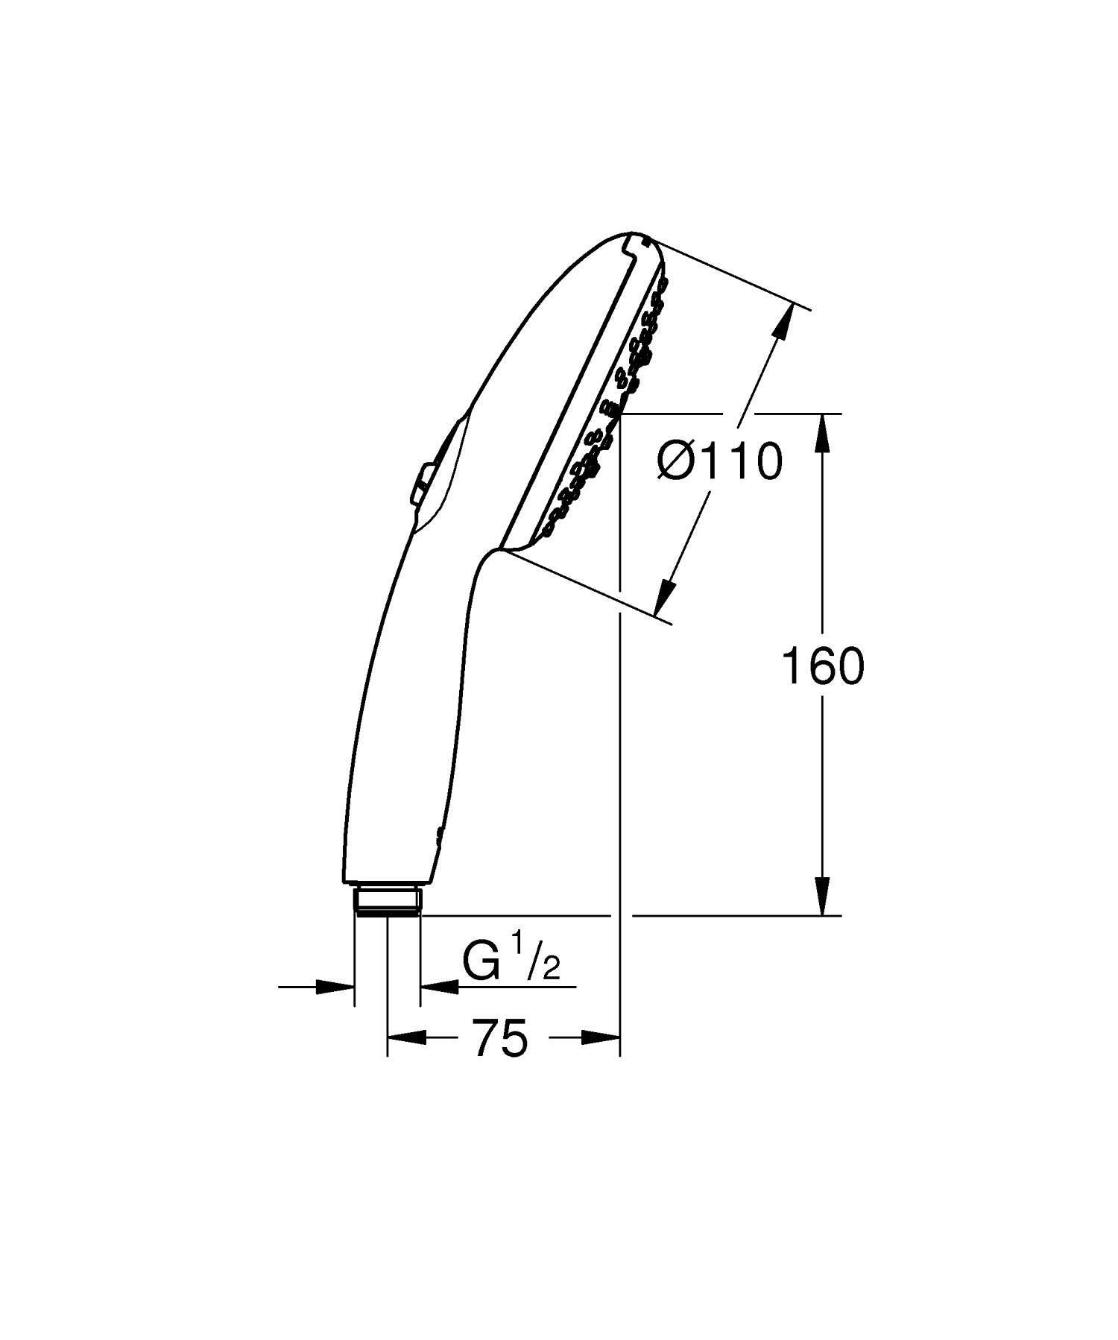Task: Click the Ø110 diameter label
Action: (720, 462)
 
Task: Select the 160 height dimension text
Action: (822, 666)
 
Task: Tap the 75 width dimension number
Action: (500, 1038)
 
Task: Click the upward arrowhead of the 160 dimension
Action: (823, 432)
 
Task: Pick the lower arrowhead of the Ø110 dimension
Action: (665, 597)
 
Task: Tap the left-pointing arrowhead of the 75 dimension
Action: (406, 1037)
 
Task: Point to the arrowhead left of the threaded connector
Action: (335, 987)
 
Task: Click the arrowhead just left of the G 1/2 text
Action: (440, 987)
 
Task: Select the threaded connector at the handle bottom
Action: (388, 900)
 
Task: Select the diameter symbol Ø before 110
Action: (676, 462)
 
